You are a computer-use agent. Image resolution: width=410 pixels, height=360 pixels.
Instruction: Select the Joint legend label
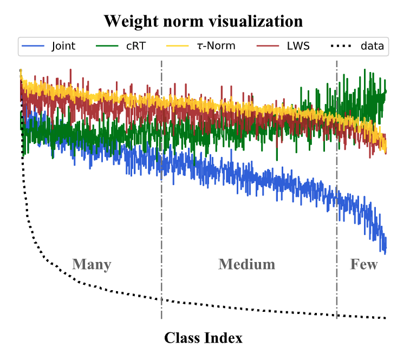click(x=63, y=46)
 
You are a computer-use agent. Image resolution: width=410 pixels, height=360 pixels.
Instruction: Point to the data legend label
click(x=372, y=46)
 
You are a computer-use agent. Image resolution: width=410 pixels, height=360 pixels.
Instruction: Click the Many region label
click(x=92, y=264)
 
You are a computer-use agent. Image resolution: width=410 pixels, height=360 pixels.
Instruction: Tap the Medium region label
click(x=246, y=264)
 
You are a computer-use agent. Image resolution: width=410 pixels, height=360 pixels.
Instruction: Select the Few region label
click(x=364, y=264)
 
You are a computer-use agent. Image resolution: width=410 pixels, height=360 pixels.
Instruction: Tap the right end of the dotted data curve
click(x=385, y=318)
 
